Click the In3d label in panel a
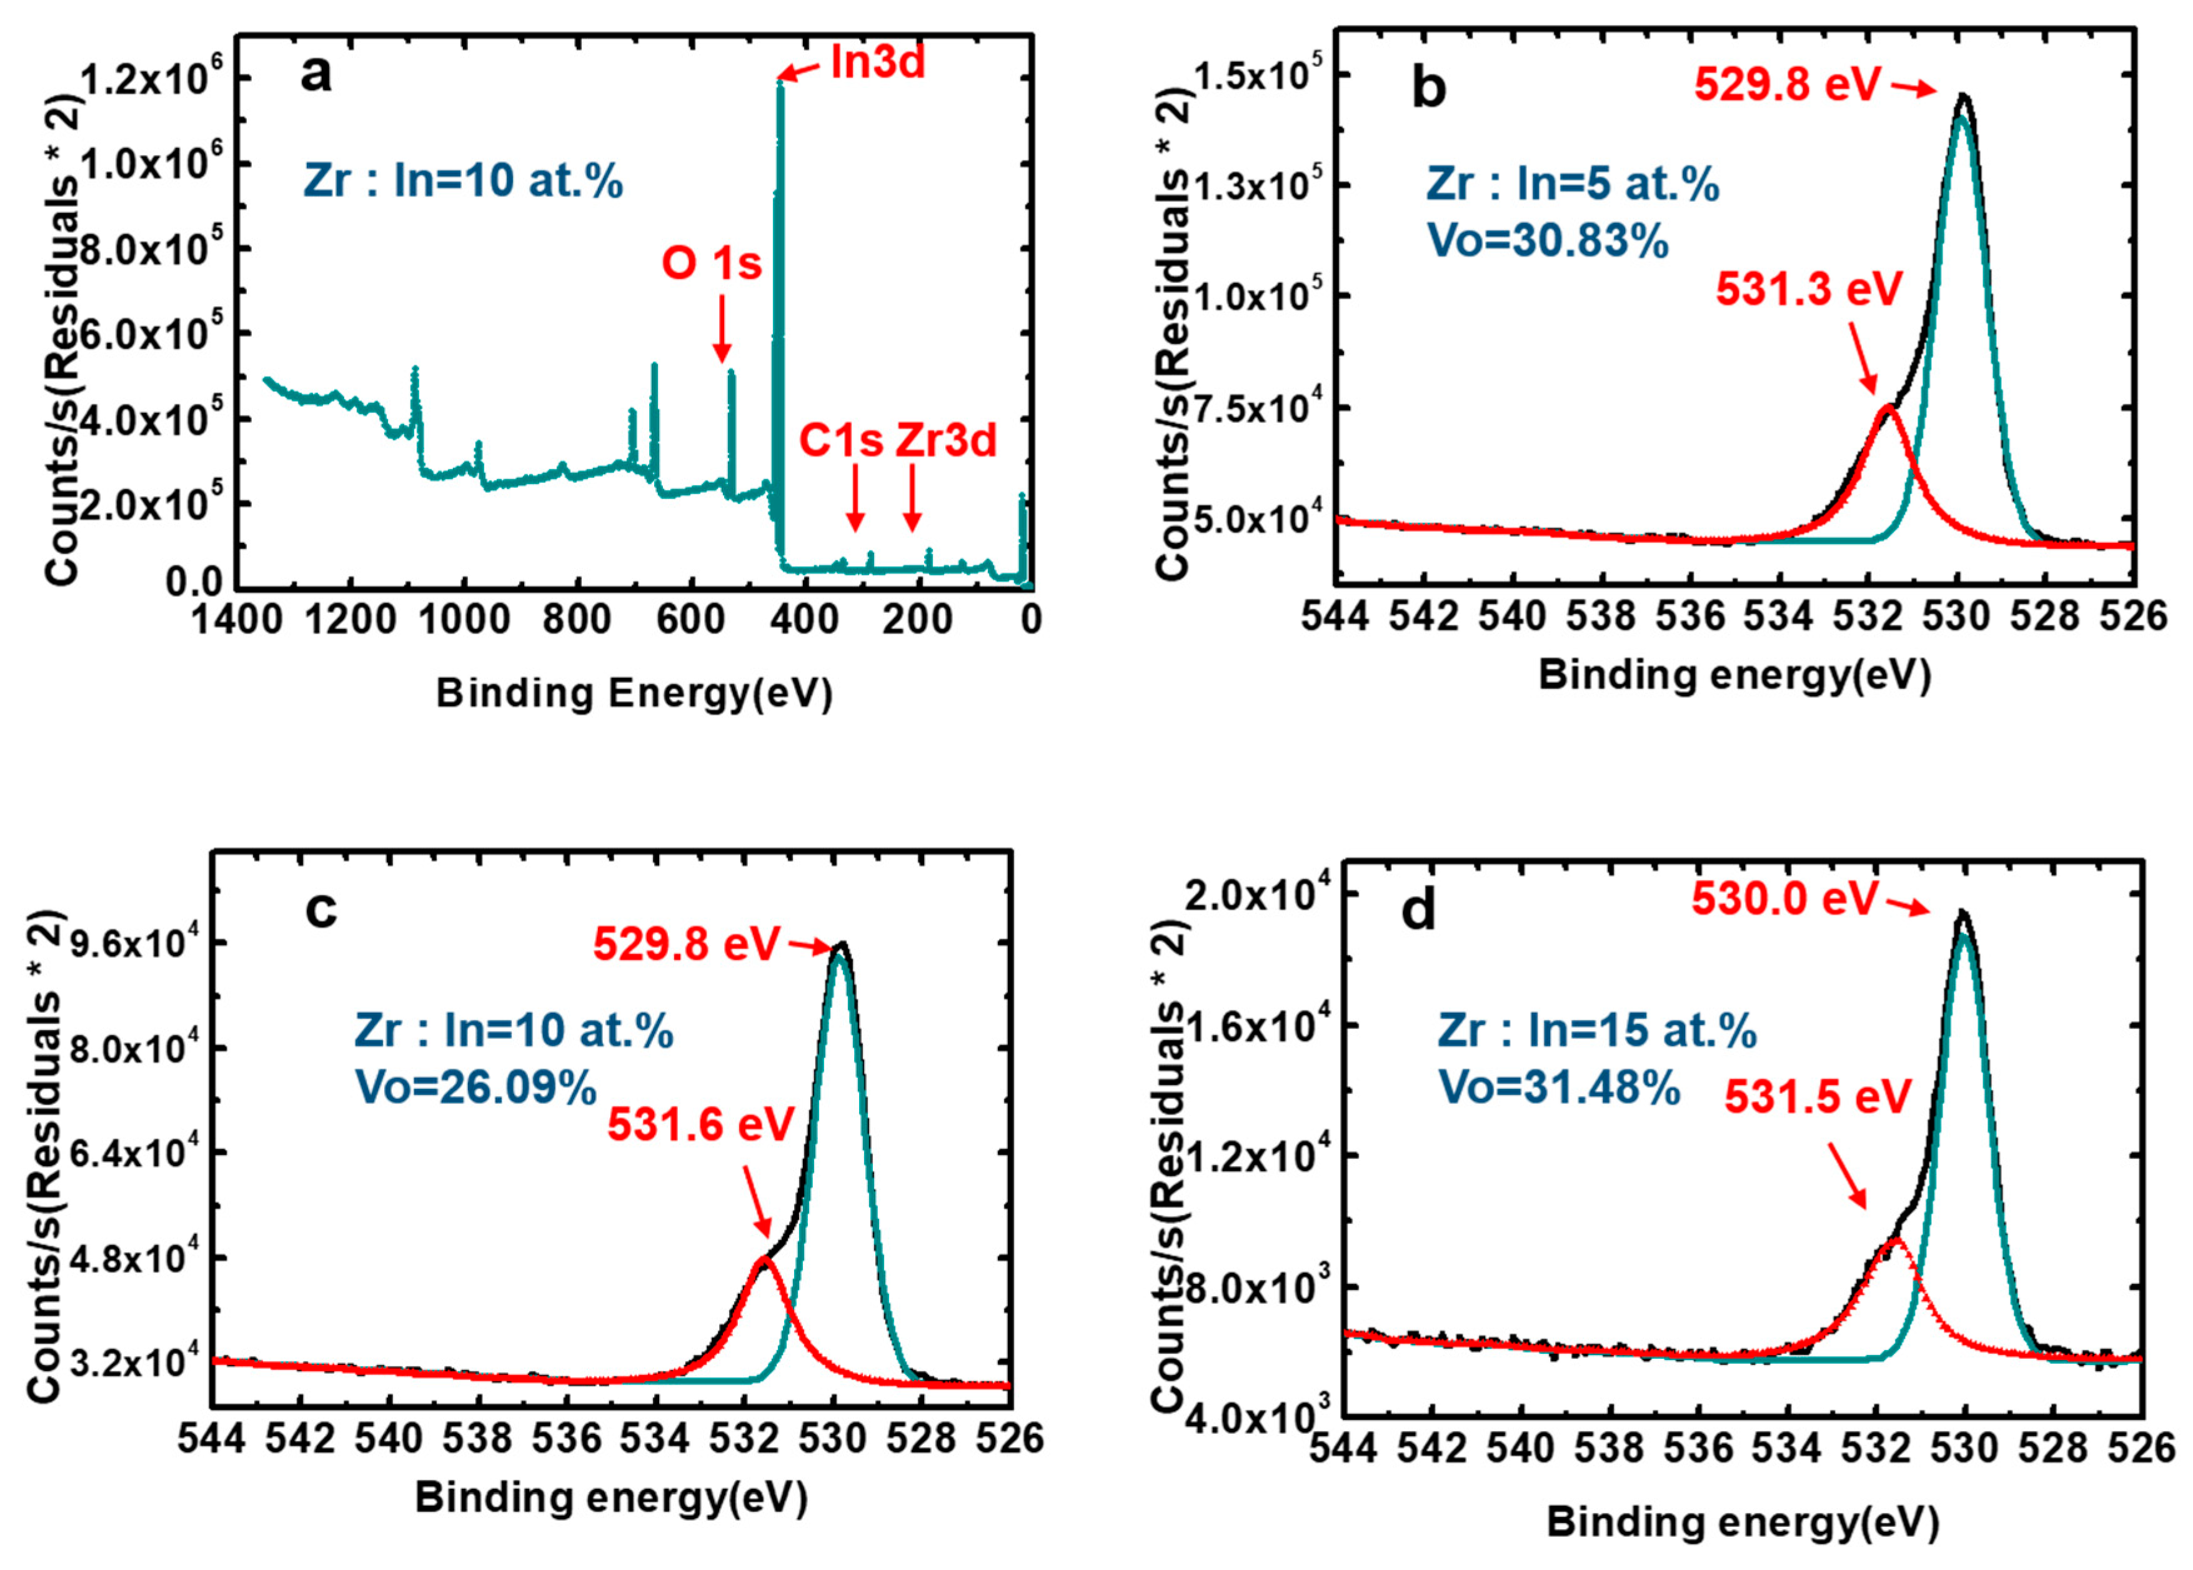pyautogui.click(x=877, y=63)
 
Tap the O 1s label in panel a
pyautogui.click(x=712, y=263)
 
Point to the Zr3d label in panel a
pyautogui.click(x=946, y=440)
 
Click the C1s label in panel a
pyautogui.click(x=840, y=440)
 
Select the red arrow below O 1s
pyautogui.click(x=722, y=329)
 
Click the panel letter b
pyautogui.click(x=1429, y=87)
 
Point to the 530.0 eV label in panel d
pyautogui.click(x=1784, y=898)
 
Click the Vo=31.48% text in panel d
pyautogui.click(x=1559, y=1088)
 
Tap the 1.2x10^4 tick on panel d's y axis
pyautogui.click(x=1247, y=1155)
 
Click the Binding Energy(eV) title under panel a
pyautogui.click(x=634, y=692)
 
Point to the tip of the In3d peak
pyautogui.click(x=779, y=82)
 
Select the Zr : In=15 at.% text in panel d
pyautogui.click(x=1596, y=1031)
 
